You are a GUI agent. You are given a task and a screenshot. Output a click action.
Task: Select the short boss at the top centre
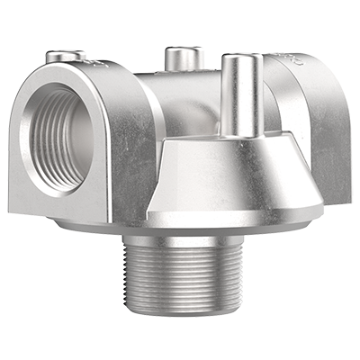(182, 61)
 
